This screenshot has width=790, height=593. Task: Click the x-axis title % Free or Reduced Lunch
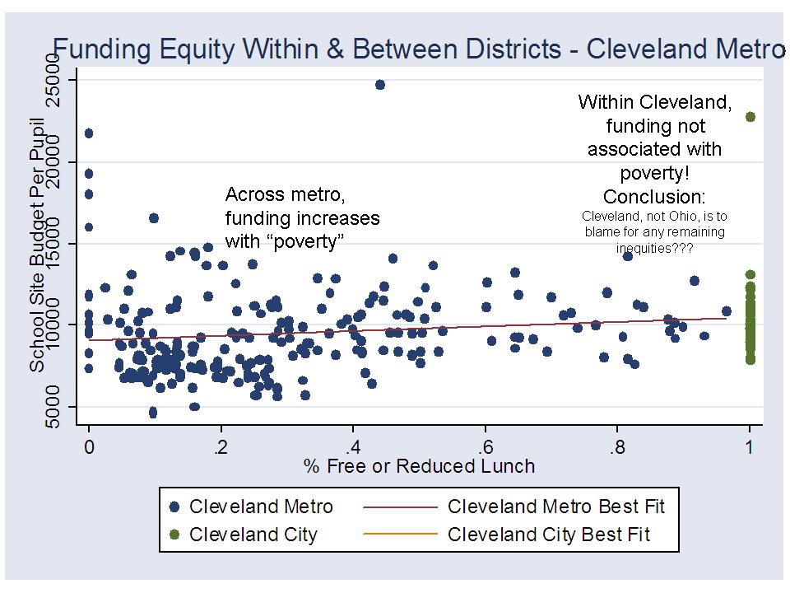coord(419,466)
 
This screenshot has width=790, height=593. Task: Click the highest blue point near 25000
coord(379,85)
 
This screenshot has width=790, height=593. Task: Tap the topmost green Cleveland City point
coord(750,117)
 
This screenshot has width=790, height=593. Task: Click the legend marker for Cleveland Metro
coord(174,507)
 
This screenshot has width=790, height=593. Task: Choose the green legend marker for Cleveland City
coord(174,535)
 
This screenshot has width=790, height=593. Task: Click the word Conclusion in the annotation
coord(654,197)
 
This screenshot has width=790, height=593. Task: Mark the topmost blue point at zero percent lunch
coord(89,133)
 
